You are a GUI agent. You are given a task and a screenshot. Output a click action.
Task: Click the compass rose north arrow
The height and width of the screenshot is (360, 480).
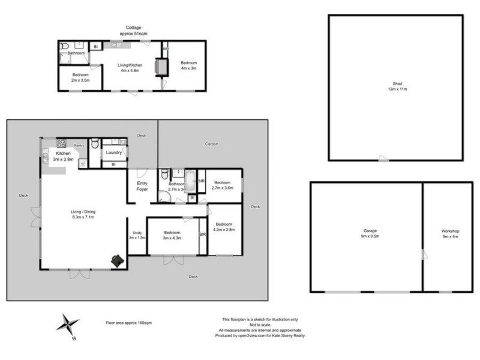(68, 324)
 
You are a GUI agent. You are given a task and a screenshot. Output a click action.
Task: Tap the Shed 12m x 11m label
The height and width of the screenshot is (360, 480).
(397, 86)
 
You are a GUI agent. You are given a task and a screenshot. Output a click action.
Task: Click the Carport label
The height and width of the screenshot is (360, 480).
(211, 144)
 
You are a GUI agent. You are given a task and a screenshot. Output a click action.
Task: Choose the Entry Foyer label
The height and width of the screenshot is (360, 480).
(142, 186)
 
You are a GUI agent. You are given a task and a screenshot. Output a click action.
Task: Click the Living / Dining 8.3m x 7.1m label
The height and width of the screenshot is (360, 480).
(83, 214)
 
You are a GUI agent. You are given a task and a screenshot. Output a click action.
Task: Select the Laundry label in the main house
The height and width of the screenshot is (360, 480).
(114, 152)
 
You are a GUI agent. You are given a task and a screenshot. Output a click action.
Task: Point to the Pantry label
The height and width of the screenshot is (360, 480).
(78, 145)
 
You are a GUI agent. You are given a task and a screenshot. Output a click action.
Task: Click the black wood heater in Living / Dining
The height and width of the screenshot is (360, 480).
(118, 260)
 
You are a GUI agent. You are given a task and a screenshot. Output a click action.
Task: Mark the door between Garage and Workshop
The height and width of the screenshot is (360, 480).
(424, 254)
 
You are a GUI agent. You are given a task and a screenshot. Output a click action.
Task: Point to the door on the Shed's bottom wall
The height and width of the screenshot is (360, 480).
(382, 159)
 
